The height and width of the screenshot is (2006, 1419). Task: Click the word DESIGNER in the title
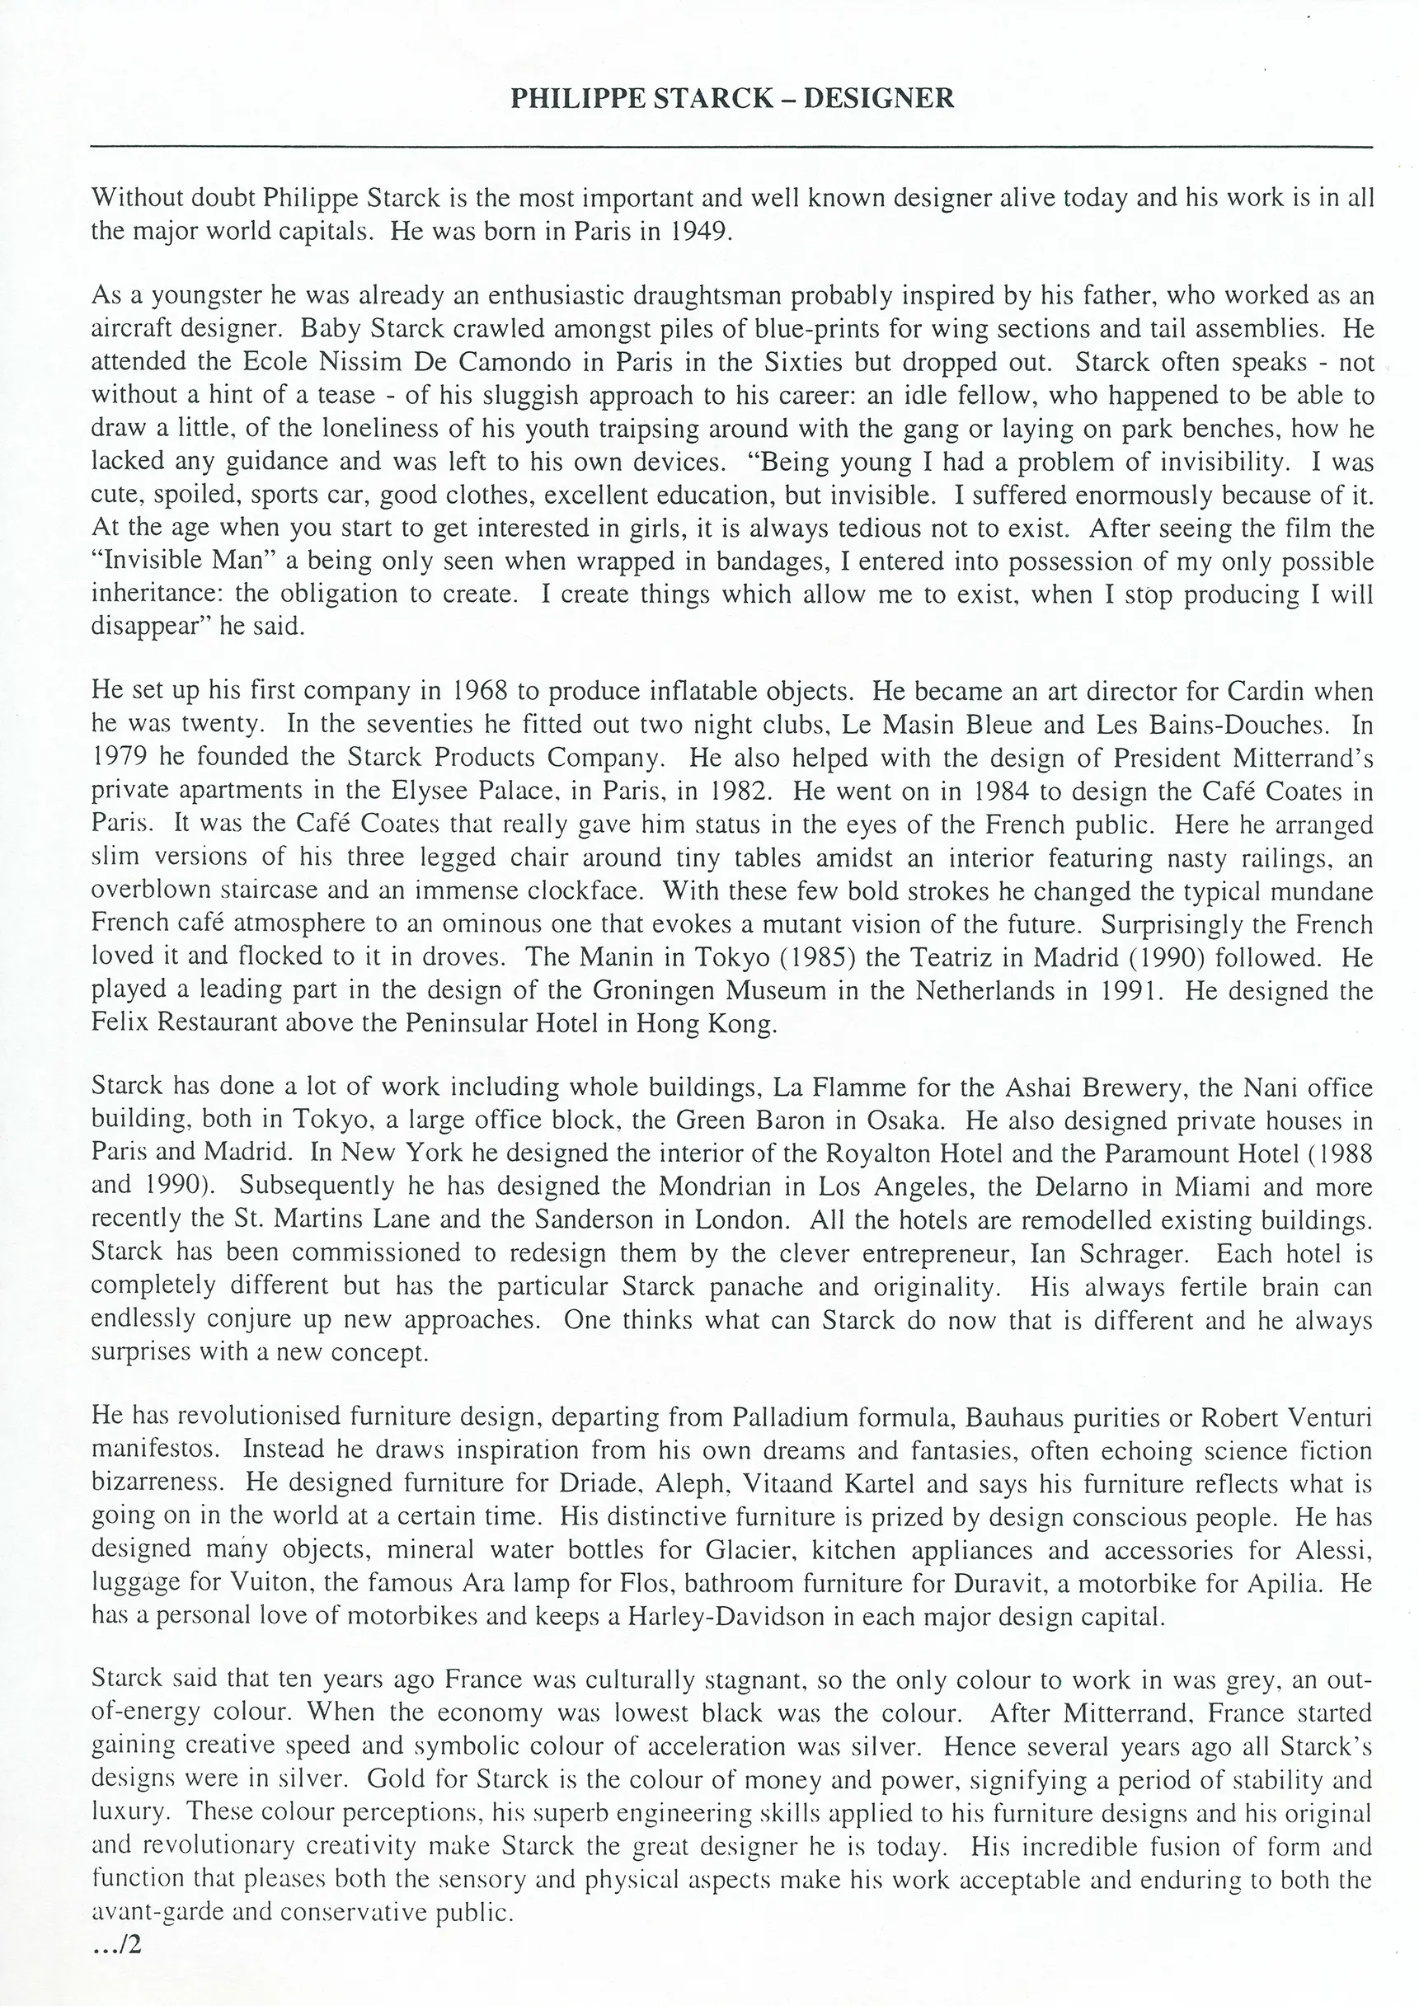pyautogui.click(x=878, y=98)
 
